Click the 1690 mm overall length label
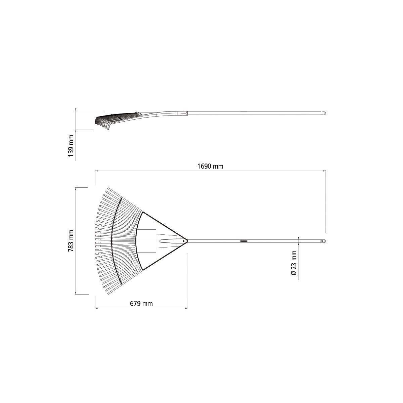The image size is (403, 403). point(210,167)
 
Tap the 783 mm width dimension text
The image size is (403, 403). point(71,241)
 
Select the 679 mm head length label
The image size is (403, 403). point(141,304)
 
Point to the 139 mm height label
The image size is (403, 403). point(71,146)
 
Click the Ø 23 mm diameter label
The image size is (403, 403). point(294,263)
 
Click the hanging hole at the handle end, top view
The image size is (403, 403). point(322,241)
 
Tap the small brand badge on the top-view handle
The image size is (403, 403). point(244,241)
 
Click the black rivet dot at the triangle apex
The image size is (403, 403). point(184,241)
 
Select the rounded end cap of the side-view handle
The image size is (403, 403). point(324,114)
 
